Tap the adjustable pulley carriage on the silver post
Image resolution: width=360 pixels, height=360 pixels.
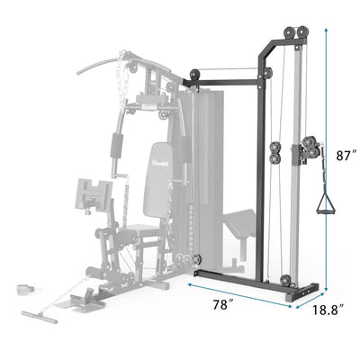[310, 148]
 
